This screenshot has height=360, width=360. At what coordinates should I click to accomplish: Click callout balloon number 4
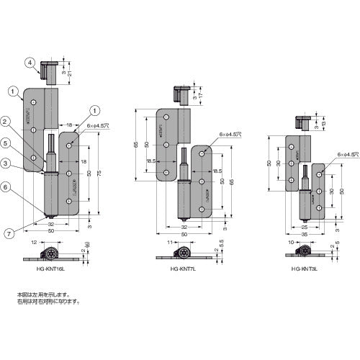[x=29, y=62]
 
